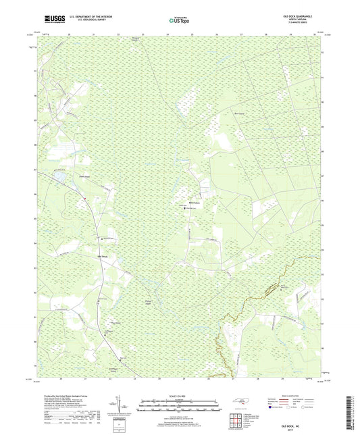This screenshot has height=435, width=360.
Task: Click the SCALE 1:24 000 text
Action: [x=179, y=396]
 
